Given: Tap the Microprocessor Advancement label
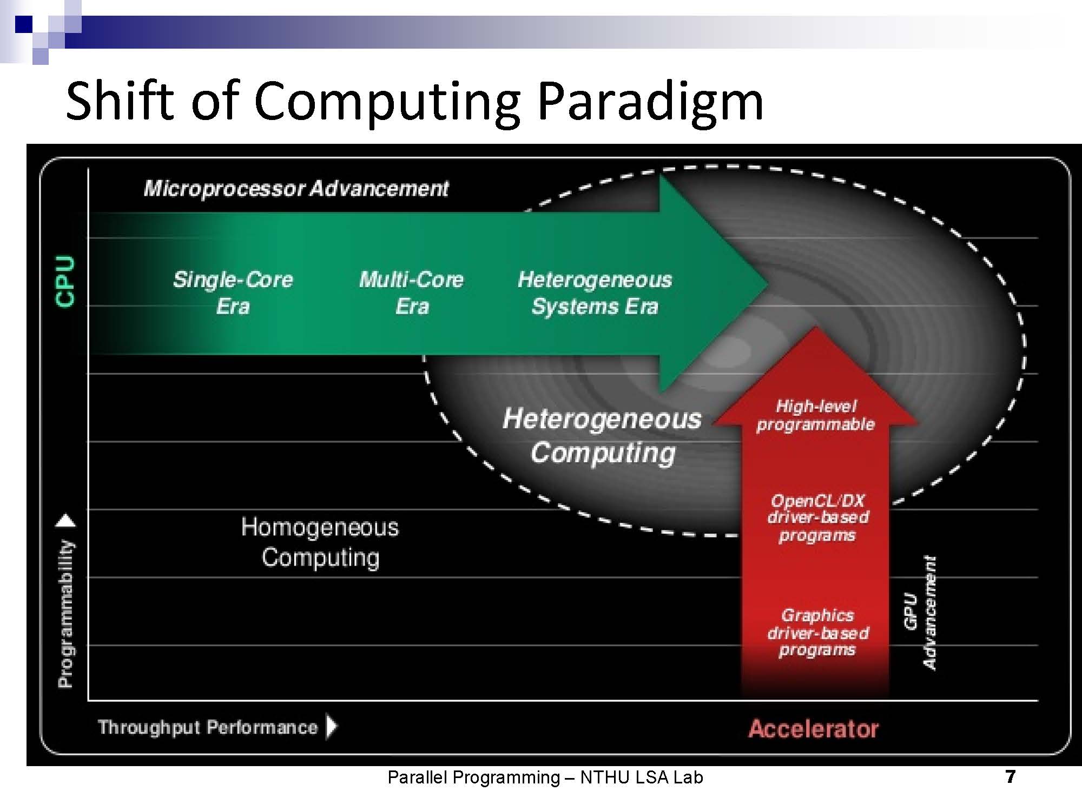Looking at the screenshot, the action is pos(296,189).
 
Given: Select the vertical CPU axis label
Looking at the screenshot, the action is pos(65,282).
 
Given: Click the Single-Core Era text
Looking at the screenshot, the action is pos(233,293).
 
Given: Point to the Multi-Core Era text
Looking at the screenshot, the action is pos(412,293).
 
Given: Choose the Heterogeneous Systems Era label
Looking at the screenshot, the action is pos(595,293).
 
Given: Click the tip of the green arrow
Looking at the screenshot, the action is pos(768,284).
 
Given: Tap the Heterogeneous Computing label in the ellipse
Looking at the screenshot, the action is pos(602,436).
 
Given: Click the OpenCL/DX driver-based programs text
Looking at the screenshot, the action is pos(818,518).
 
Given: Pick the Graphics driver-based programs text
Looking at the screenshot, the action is pos(818,633).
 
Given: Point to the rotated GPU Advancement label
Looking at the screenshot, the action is pos(920,613).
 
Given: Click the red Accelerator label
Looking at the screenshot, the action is pos(814,729).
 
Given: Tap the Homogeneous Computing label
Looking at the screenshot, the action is pos(320,542).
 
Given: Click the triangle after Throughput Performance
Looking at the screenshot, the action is pos(331,727).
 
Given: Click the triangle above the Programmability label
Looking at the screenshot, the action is pos(66,521).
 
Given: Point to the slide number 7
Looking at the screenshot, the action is pos(1010,777).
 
